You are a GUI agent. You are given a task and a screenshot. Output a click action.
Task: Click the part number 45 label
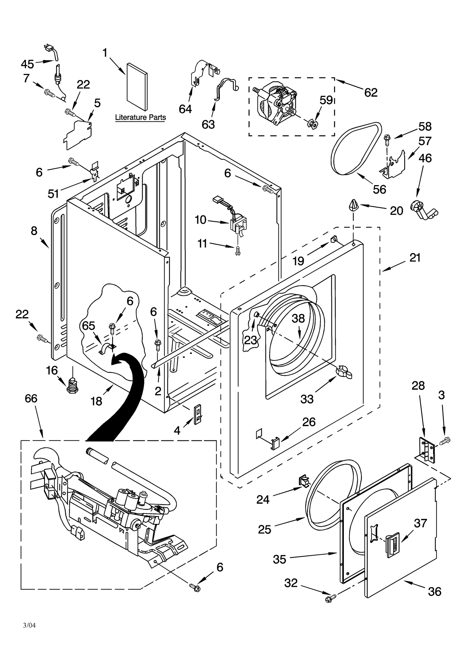tap(27, 64)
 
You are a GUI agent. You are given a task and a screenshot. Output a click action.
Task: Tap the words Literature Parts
tap(140, 117)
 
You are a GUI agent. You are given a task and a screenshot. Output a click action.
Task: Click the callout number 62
tap(371, 93)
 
